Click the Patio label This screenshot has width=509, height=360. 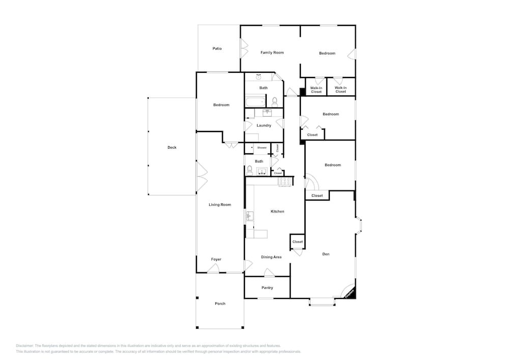pyautogui.click(x=217, y=49)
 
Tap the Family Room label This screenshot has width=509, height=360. pyautogui.click(x=272, y=52)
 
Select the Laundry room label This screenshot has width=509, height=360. pyautogui.click(x=264, y=125)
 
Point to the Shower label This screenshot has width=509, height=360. pyautogui.click(x=262, y=148)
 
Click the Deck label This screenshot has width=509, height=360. pyautogui.click(x=172, y=148)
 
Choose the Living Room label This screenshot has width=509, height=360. pyautogui.click(x=220, y=205)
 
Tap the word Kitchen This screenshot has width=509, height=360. pyautogui.click(x=277, y=211)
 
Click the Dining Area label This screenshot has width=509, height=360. pyautogui.click(x=271, y=257)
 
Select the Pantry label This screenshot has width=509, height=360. pyautogui.click(x=267, y=288)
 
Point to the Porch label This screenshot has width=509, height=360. pyautogui.click(x=220, y=303)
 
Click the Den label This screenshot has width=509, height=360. pyautogui.click(x=326, y=254)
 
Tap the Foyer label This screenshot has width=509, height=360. pyautogui.click(x=216, y=259)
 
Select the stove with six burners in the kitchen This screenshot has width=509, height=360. pyautogui.click(x=285, y=181)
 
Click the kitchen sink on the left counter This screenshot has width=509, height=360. pyautogui.click(x=249, y=216)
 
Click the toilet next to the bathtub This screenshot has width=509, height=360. pyautogui.click(x=274, y=102)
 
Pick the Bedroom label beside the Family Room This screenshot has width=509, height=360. pyautogui.click(x=327, y=53)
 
